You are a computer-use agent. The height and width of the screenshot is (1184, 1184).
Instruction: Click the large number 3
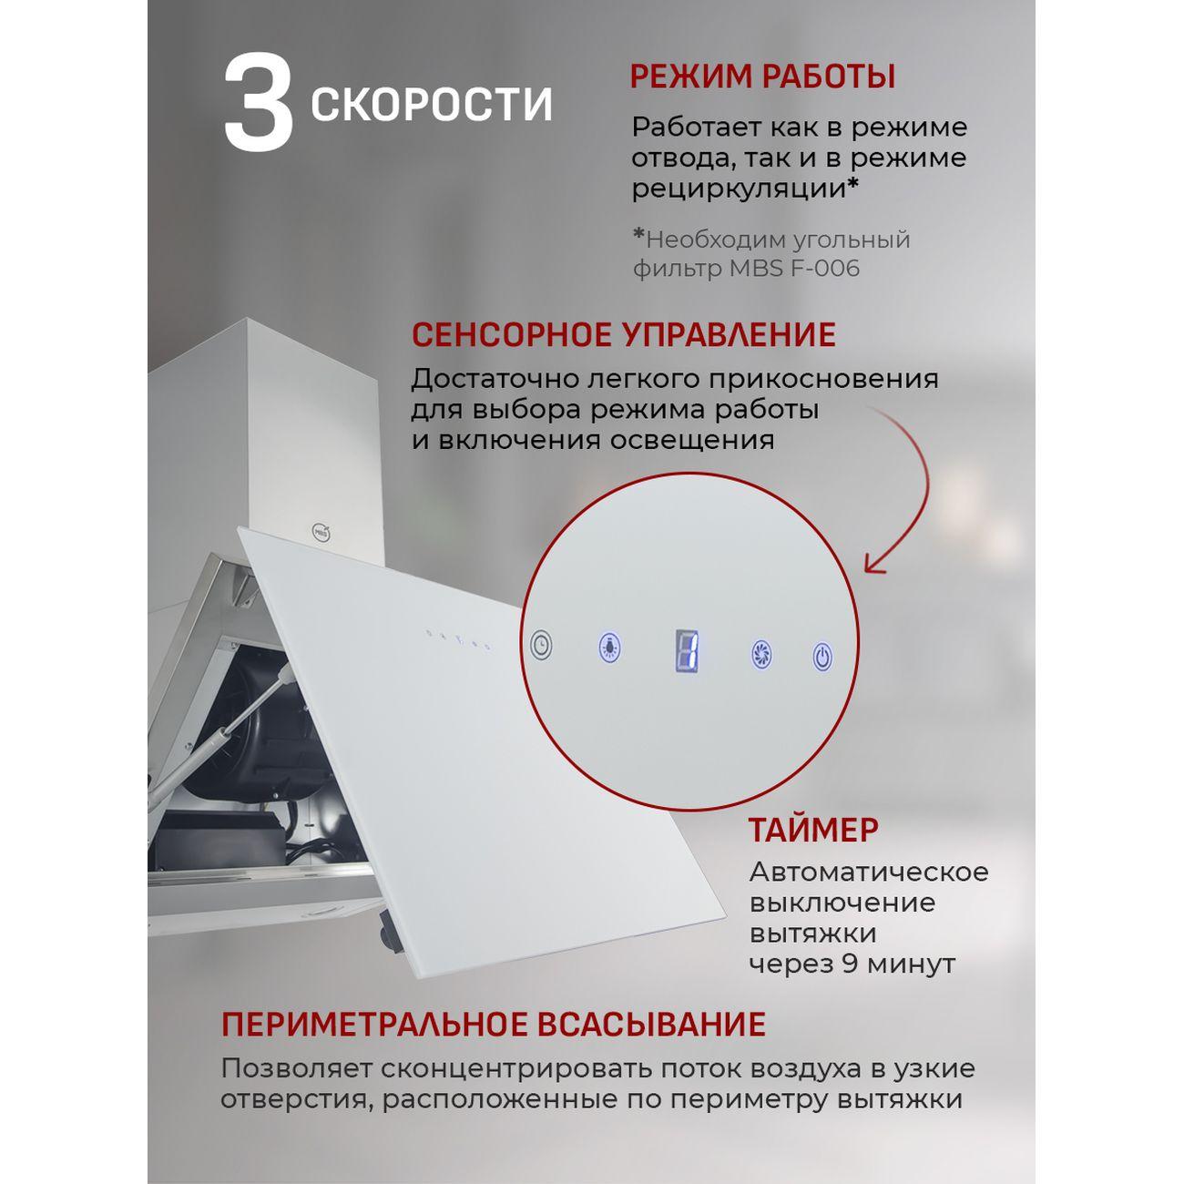tap(259, 101)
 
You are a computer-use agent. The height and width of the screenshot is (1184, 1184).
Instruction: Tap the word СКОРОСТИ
tap(432, 105)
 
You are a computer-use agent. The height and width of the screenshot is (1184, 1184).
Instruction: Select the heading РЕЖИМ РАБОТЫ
tap(762, 77)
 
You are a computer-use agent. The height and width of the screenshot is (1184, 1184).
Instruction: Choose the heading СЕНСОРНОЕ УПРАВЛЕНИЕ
tap(623, 334)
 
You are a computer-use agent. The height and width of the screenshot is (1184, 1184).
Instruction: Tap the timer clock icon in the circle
tap(541, 645)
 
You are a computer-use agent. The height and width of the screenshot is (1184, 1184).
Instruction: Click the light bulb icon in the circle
tap(608, 647)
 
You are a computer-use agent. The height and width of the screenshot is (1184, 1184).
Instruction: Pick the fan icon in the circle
tap(761, 654)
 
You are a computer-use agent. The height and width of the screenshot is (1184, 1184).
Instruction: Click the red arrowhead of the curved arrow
tap(875, 564)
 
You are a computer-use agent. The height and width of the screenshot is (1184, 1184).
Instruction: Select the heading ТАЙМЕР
tap(813, 831)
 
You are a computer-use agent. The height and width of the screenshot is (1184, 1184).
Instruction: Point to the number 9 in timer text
tap(850, 964)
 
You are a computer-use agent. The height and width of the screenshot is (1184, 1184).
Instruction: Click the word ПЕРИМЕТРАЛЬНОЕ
tap(372, 1024)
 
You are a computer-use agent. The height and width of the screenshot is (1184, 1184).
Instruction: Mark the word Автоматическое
tap(868, 872)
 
